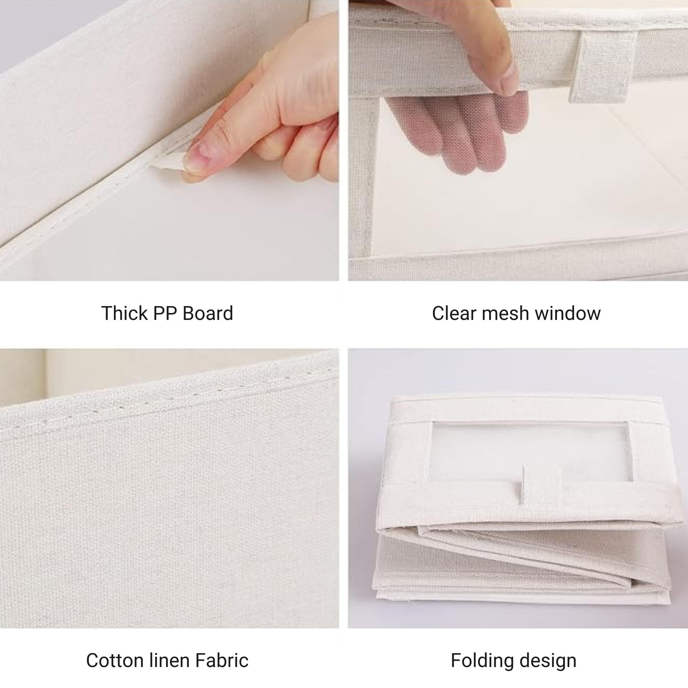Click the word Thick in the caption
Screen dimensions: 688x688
pos(124,313)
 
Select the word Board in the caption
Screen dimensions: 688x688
pos(208,313)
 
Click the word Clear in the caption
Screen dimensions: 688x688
pos(454,313)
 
